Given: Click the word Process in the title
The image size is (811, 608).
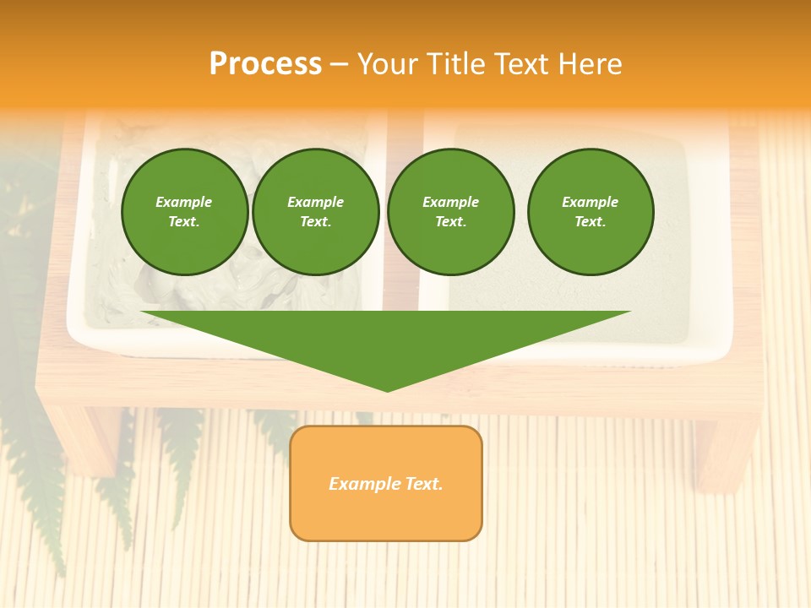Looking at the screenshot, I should [x=265, y=63].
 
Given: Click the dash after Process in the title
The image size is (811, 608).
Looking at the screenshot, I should [x=339, y=64].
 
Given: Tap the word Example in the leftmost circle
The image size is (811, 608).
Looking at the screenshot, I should [x=183, y=202].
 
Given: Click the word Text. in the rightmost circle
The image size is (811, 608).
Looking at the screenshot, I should [x=590, y=221].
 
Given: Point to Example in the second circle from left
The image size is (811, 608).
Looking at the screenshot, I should [x=315, y=202].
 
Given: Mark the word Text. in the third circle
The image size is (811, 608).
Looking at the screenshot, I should [x=450, y=221].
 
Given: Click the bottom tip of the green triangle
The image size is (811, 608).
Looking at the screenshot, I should [x=387, y=389].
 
